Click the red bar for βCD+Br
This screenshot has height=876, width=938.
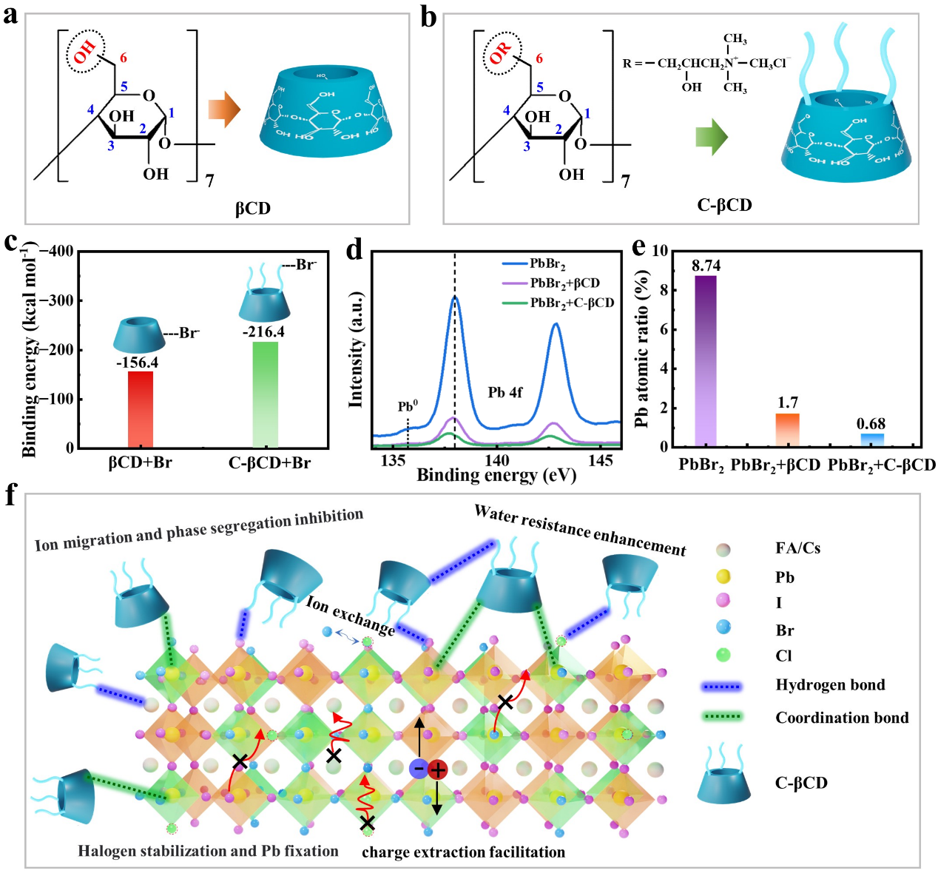click(141, 409)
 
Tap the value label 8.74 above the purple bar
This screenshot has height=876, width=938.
click(706, 266)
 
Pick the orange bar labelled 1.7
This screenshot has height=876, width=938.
click(788, 430)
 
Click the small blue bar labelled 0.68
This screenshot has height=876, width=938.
click(871, 440)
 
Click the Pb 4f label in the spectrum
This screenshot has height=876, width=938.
click(505, 392)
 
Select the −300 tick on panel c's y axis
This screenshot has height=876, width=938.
click(64, 300)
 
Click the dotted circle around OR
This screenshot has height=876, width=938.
click(502, 53)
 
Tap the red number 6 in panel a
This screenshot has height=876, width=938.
click(124, 58)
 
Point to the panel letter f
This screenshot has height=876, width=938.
click(10, 495)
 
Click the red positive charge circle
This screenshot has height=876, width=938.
click(438, 770)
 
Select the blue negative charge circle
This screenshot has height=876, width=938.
click(418, 769)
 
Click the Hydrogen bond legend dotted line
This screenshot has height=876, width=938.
click(721, 687)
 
